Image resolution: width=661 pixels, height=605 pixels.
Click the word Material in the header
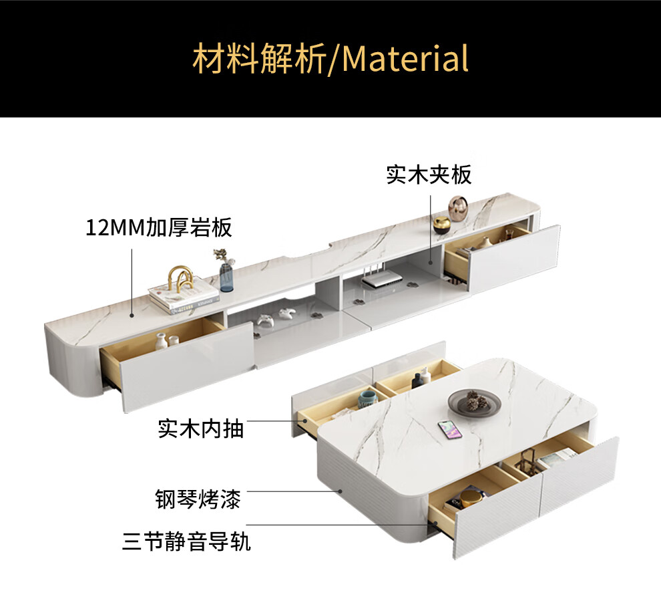click(x=405, y=58)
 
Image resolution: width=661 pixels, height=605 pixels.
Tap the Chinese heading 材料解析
click(x=258, y=58)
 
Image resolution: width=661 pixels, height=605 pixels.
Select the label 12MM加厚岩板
click(x=159, y=227)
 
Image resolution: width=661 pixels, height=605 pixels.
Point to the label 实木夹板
click(x=429, y=174)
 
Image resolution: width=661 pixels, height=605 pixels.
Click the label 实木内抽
click(x=200, y=428)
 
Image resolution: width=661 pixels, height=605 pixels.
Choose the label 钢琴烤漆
click(x=198, y=499)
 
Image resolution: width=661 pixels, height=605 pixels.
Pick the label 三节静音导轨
click(x=186, y=540)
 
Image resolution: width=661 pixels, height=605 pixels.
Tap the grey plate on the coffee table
click(x=474, y=402)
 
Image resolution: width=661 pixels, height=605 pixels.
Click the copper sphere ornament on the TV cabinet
click(x=457, y=208)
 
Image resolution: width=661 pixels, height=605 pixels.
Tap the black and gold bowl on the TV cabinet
click(x=441, y=224)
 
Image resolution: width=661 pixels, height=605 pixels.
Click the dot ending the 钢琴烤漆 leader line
click(x=341, y=491)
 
